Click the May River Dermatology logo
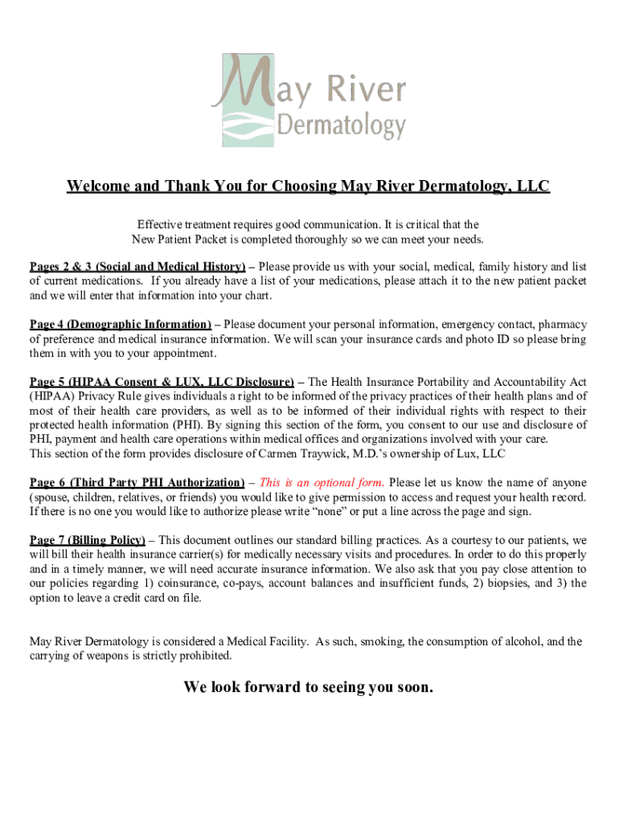(309, 100)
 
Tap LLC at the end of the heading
(532, 186)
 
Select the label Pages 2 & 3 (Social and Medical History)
(137, 266)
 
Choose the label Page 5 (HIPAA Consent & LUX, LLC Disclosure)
(162, 382)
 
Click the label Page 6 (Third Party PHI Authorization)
(137, 482)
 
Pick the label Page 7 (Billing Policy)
(88, 540)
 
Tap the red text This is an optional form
(322, 482)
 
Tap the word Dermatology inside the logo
(342, 126)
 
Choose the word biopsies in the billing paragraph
(504, 583)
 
